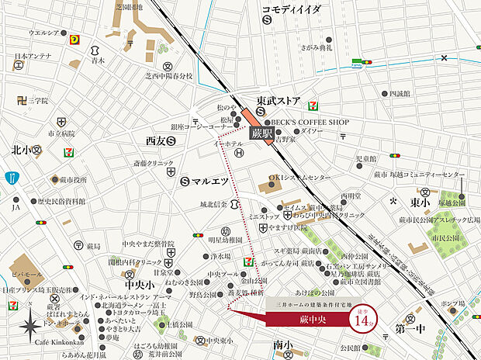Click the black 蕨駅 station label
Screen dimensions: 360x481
click(261, 133)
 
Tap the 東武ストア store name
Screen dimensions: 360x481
click(279, 99)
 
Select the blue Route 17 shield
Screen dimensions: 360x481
click(12, 179)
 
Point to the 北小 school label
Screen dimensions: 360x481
click(21, 149)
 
